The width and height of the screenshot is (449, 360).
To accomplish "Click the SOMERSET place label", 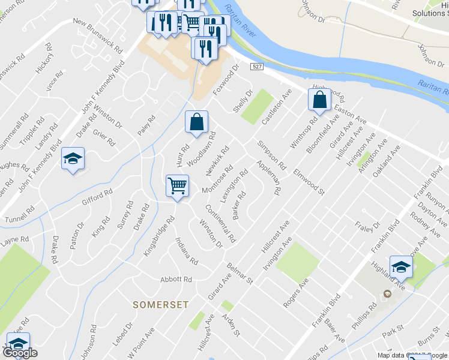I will tap(160, 305).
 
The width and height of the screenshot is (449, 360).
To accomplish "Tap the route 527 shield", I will tap(257, 66).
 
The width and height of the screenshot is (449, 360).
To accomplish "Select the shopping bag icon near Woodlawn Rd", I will tap(196, 122).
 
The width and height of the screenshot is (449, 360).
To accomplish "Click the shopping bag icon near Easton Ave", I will tap(320, 100).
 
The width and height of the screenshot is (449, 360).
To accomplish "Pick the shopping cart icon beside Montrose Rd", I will tap(177, 187).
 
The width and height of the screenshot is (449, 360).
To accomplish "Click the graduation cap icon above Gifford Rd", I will tap(73, 159).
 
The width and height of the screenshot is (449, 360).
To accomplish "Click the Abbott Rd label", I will tap(176, 280).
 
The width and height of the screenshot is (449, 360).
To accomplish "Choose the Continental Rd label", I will tap(220, 223).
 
